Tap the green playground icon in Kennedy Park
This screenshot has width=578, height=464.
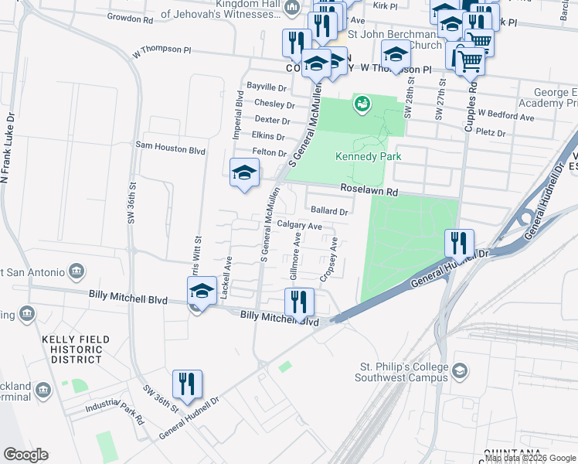coord(361,102)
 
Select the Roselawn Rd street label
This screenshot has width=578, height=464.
coord(369,191)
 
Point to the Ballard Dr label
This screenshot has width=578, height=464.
coord(330,210)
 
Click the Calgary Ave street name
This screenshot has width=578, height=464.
coord(299,226)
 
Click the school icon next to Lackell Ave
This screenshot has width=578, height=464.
coord(201,292)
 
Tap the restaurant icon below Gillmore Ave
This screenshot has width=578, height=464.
coord(298,301)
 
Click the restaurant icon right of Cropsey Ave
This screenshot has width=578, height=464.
coord(459,243)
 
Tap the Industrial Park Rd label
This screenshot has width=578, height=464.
coord(116,412)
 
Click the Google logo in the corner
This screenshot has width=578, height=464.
coord(25,455)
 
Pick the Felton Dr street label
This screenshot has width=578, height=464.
coord(270,153)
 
